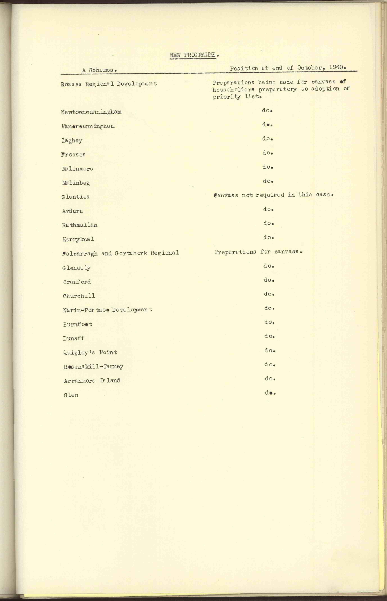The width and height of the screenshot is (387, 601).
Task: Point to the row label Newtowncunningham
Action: (91, 112)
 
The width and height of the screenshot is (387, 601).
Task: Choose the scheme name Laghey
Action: (72, 141)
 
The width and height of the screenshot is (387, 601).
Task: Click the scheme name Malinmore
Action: (77, 169)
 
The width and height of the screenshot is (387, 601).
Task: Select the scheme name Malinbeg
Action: (76, 183)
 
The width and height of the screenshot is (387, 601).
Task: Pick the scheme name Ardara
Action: (72, 211)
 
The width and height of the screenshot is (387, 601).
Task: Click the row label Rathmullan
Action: (80, 225)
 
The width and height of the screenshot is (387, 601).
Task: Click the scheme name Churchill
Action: (79, 296)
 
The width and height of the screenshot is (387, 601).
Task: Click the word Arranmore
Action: (79, 381)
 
